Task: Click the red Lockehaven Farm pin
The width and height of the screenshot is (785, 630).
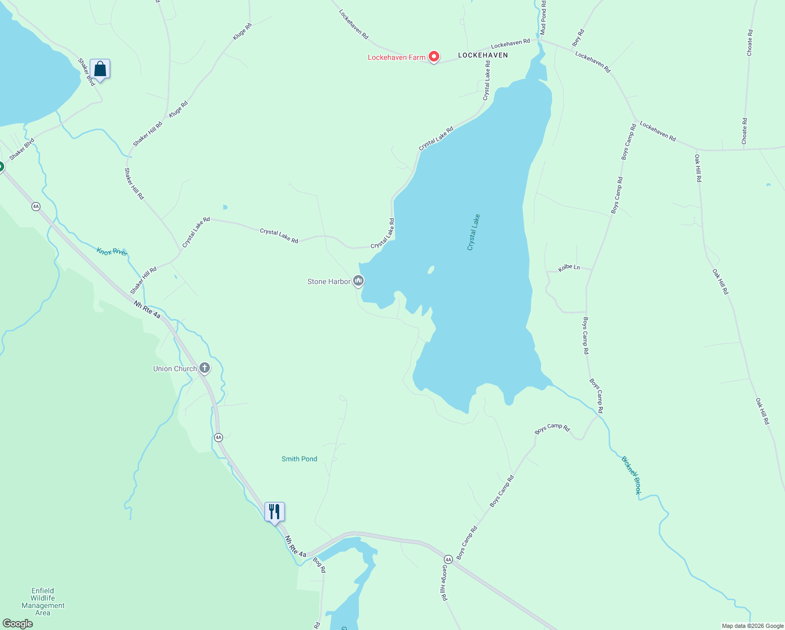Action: (433, 56)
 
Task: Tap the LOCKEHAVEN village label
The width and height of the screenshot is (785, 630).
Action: (483, 55)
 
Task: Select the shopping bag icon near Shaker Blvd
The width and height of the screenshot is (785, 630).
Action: (100, 69)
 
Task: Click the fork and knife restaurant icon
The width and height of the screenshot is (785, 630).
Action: (274, 511)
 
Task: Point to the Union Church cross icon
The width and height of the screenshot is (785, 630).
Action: (205, 369)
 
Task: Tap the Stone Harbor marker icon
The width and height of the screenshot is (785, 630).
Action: (358, 281)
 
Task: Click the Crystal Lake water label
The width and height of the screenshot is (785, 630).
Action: (473, 232)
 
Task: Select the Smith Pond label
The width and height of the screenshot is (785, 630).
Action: (299, 459)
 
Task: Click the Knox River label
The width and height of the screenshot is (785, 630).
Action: (112, 251)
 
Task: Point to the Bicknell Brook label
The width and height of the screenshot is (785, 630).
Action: (631, 475)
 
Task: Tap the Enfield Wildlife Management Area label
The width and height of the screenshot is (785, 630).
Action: (43, 602)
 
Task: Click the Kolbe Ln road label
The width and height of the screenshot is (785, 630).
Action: (569, 268)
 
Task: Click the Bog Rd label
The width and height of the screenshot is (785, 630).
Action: (319, 565)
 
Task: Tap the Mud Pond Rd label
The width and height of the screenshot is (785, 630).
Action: (543, 18)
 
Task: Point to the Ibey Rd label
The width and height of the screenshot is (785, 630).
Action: (578, 37)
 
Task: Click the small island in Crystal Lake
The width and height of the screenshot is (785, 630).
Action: (431, 270)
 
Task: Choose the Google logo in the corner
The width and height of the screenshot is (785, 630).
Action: (17, 624)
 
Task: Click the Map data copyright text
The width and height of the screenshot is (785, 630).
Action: (752, 626)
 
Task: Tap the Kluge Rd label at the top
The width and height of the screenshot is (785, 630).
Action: (242, 32)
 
